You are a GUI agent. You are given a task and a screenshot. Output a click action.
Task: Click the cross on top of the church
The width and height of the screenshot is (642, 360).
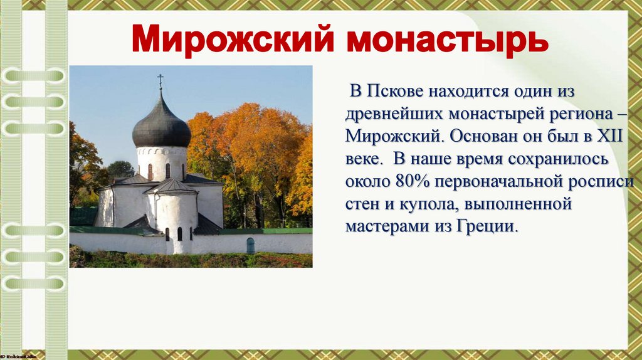pyautogui.click(x=160, y=81)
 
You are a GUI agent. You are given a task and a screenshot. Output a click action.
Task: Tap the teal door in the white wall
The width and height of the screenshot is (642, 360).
pyautogui.click(x=251, y=245)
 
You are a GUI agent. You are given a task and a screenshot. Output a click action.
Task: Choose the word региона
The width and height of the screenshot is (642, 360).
pyautogui.click(x=568, y=114)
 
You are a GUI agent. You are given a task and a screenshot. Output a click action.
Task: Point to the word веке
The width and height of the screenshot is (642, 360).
pyautogui.click(x=363, y=159)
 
